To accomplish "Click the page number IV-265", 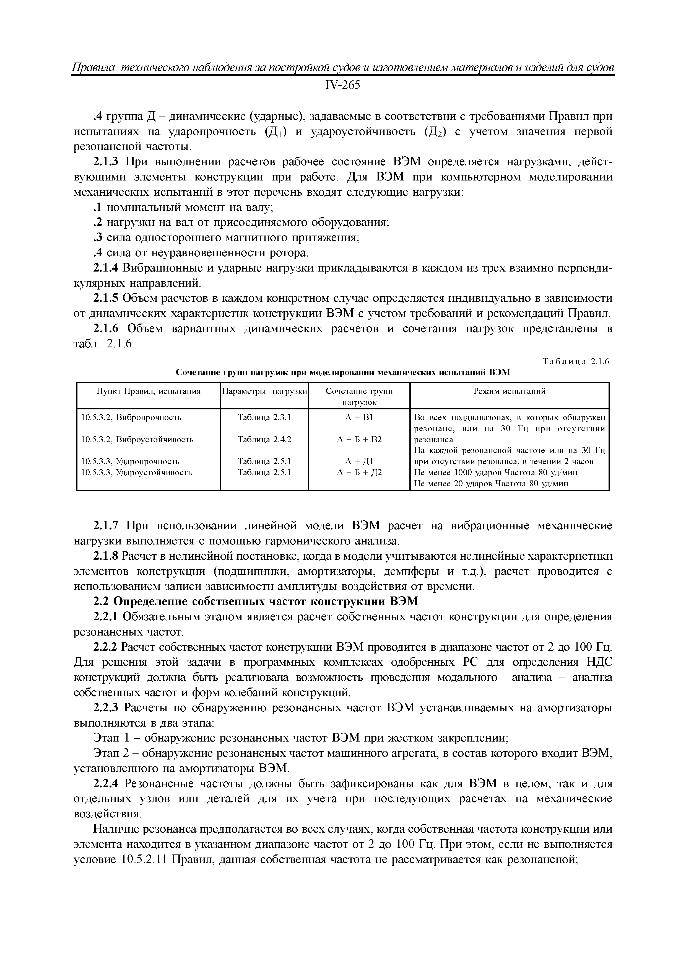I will pos(342,86).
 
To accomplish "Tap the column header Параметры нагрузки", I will pos(265,391).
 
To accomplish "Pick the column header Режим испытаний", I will pos(509,391).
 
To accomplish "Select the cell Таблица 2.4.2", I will pos(265,440).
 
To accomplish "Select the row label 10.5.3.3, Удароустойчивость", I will pos(136,473).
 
